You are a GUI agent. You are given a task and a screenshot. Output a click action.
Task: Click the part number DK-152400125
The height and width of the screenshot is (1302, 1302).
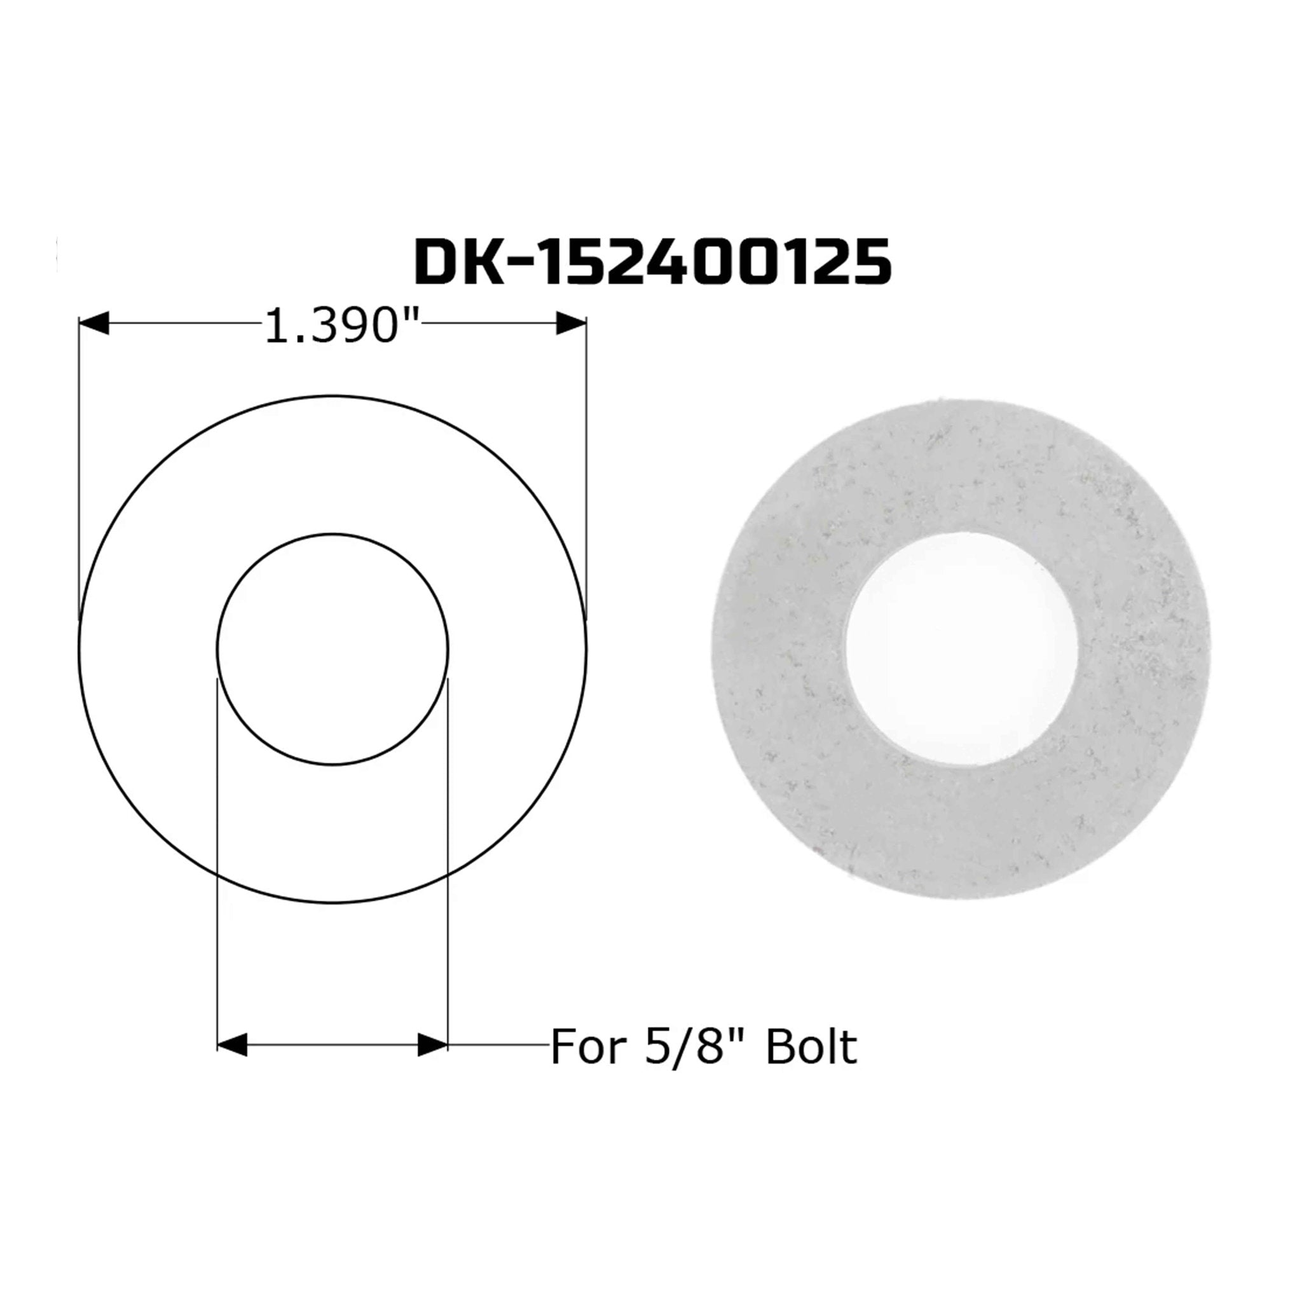tap(652, 262)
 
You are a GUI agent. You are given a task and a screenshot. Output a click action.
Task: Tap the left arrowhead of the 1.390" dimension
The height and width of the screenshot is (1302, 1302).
tap(94, 324)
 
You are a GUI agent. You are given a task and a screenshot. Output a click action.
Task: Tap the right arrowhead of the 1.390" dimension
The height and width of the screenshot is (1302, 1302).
tap(571, 324)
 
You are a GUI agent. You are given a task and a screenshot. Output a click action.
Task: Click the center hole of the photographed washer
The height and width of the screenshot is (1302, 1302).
tap(962, 648)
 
